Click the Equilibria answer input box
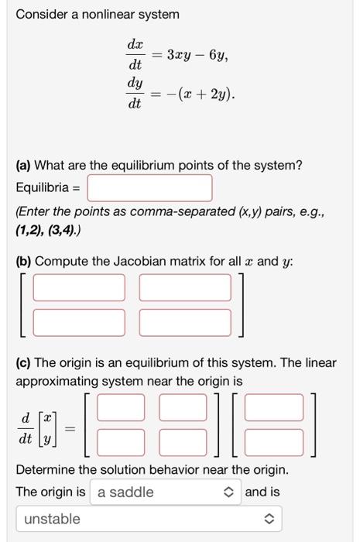click(149, 187)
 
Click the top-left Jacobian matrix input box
click(78, 287)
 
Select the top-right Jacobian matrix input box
click(185, 287)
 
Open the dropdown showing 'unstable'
click(149, 519)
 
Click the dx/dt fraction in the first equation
click(134, 55)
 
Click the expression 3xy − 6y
click(197, 55)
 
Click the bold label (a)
click(24, 165)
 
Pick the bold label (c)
click(24, 362)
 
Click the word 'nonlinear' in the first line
click(110, 14)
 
